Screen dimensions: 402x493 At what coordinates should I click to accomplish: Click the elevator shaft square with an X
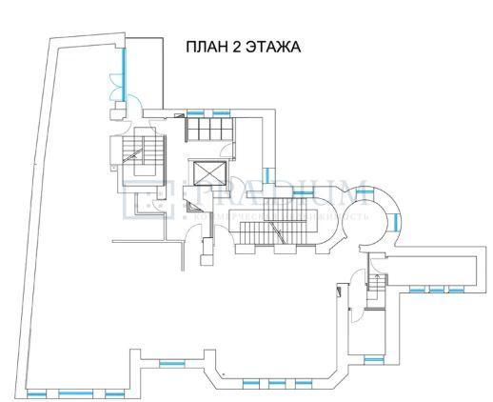(207, 172)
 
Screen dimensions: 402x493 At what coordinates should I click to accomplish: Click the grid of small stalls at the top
(207, 128)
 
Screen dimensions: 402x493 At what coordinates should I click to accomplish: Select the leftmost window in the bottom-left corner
(35, 392)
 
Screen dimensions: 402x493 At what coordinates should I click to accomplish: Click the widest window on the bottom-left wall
(72, 392)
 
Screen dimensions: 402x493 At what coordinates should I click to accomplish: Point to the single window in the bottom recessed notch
(171, 362)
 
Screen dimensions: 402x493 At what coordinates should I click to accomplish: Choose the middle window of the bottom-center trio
(276, 383)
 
